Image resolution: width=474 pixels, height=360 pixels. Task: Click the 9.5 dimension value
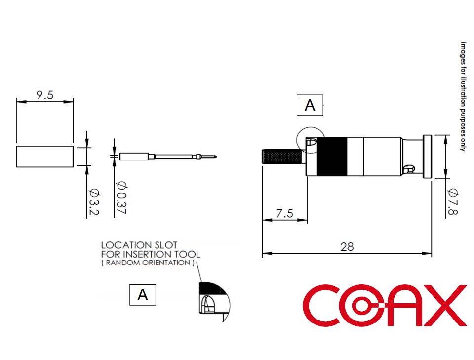[45, 95]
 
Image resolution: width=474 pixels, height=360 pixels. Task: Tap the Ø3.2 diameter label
[94, 201]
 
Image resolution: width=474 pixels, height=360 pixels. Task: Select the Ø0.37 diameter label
[121, 198]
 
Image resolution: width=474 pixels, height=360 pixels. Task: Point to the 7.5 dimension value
[285, 213]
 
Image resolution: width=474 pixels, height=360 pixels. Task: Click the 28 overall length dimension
[347, 247]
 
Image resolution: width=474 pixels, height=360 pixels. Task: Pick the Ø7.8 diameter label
[453, 201]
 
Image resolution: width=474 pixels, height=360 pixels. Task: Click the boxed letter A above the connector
[310, 105]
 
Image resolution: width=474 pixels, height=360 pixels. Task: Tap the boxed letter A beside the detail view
[143, 295]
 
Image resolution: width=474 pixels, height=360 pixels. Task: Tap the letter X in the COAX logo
[445, 305]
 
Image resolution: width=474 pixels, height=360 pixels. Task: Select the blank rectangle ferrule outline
[45, 157]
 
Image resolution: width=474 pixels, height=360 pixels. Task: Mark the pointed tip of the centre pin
[216, 157]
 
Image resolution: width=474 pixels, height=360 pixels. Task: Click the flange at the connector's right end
[427, 157]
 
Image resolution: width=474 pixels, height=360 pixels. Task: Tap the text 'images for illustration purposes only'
[463, 97]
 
